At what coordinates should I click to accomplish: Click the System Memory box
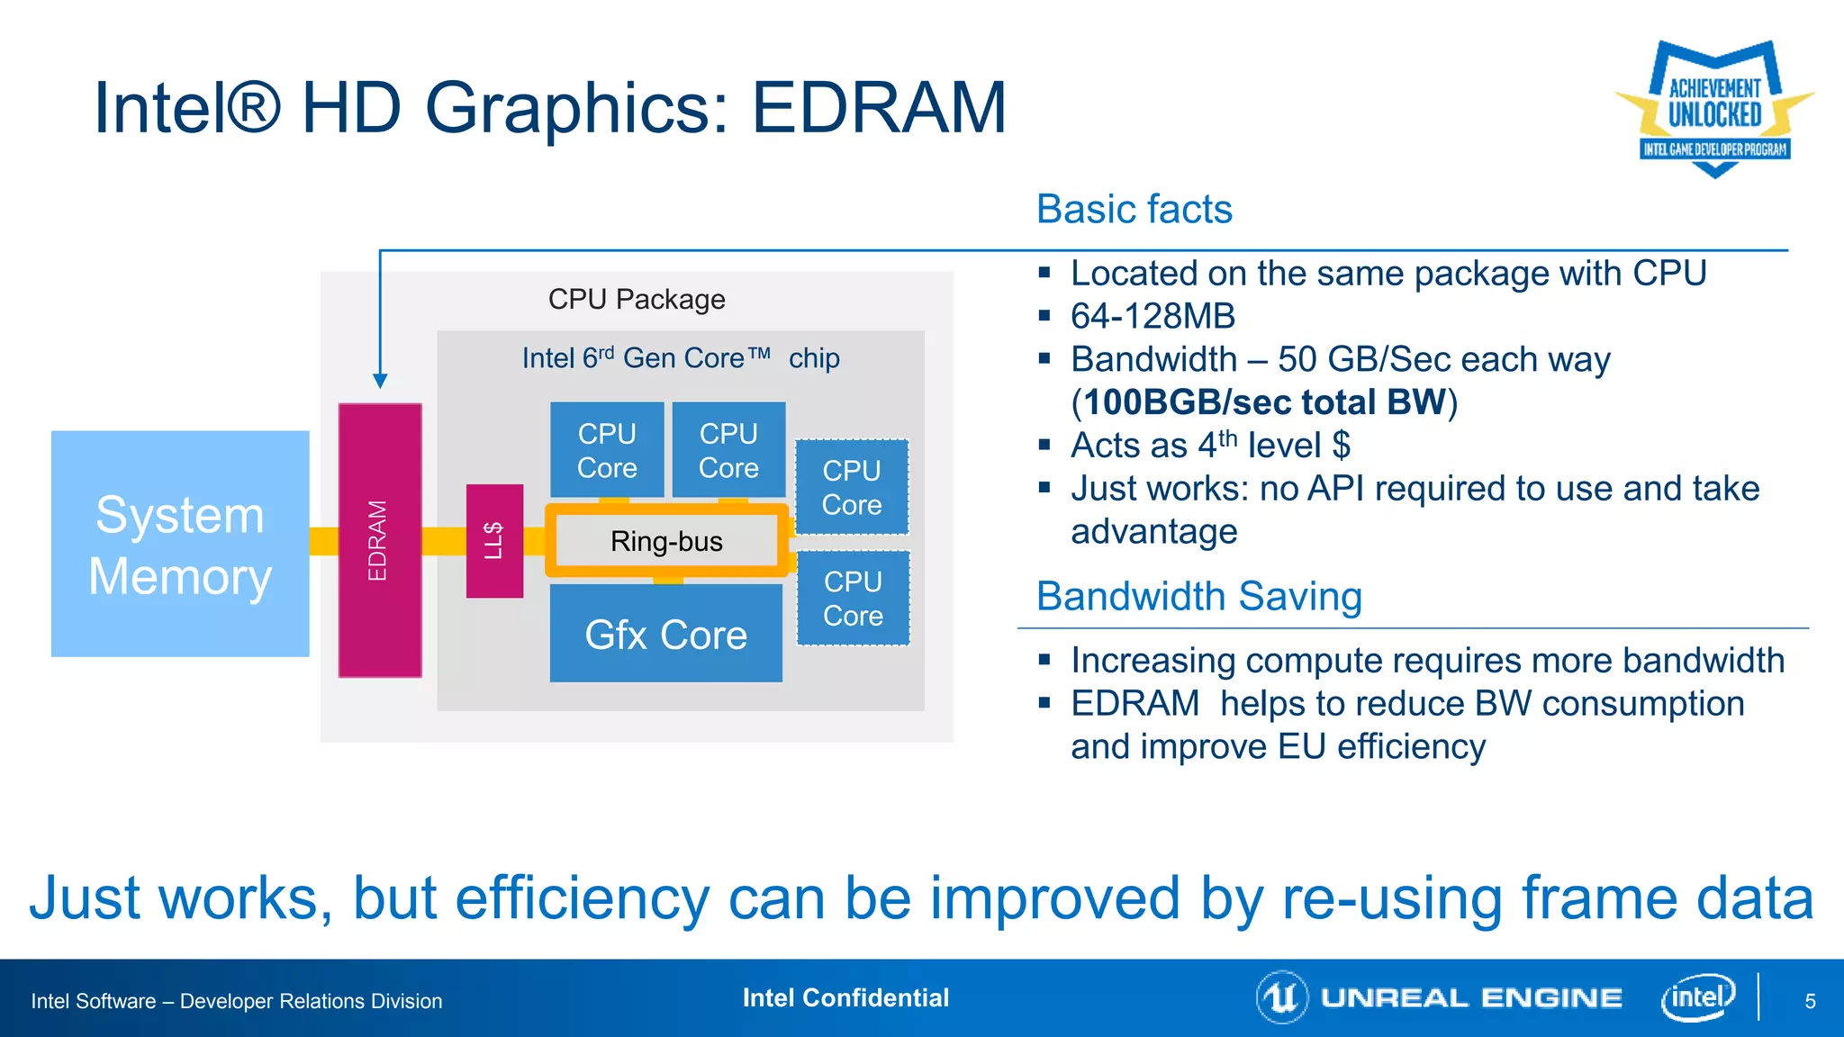point(180,544)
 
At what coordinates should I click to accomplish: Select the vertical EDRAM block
point(379,540)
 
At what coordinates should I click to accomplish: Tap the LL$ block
point(494,541)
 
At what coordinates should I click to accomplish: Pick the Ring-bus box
point(666,541)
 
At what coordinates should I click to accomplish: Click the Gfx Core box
point(665,634)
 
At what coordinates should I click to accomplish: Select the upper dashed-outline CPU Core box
point(852,487)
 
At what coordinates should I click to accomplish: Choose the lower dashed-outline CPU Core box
point(853,599)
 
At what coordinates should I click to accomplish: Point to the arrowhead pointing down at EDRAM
point(380,381)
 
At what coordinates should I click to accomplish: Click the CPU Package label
point(637,299)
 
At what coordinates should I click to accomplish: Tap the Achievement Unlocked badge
point(1714,109)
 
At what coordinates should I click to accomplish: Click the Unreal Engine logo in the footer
point(1441,997)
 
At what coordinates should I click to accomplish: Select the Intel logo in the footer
point(1697,997)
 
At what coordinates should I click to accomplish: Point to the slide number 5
point(1810,1001)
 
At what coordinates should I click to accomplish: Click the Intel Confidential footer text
point(845,997)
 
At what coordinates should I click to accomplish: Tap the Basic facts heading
point(1134,209)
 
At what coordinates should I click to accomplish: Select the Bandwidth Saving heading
point(1198,596)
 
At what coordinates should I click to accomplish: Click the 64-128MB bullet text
point(1152,316)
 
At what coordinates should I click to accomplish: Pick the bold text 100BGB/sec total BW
point(1264,401)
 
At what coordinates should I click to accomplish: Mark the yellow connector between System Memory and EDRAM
point(323,541)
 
